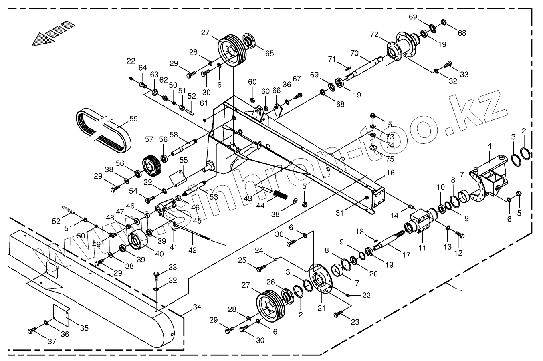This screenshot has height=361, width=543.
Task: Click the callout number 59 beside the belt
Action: (133, 119)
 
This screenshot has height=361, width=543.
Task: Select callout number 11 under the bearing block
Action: (422, 248)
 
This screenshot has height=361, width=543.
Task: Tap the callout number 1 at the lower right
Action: (462, 292)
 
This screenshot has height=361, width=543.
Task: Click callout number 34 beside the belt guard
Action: (197, 307)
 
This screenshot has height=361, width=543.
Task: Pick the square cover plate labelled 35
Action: (61, 314)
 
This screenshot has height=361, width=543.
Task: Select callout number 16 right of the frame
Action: (390, 173)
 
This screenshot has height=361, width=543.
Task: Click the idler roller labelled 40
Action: (136, 242)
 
